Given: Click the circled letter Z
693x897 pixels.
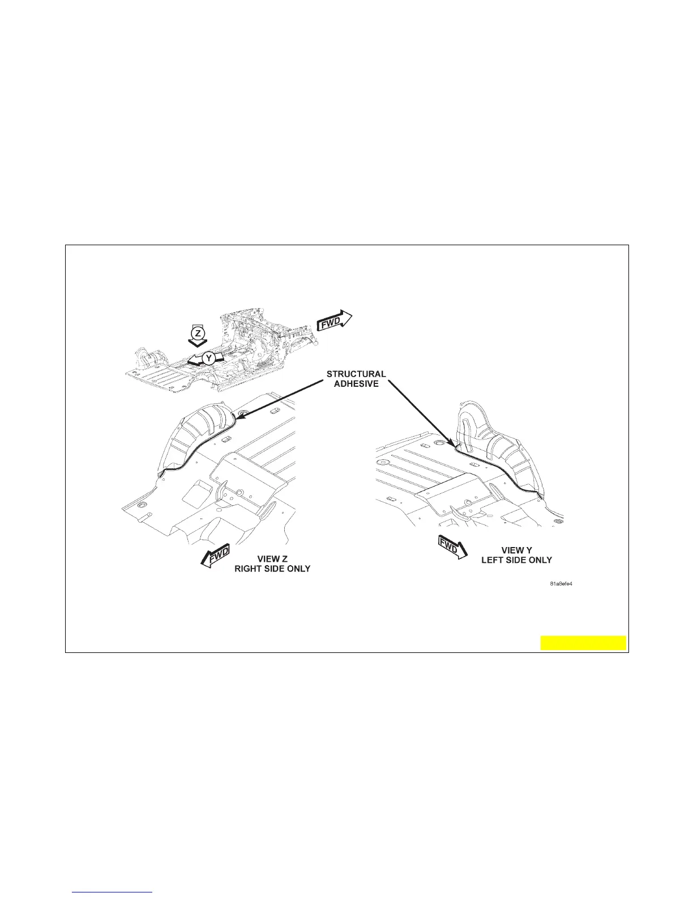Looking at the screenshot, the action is [x=197, y=332].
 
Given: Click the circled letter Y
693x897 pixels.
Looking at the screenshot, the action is [x=208, y=358].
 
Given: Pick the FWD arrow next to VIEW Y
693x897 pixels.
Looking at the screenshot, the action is [x=452, y=548].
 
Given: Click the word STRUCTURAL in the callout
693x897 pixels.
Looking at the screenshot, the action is [x=356, y=374].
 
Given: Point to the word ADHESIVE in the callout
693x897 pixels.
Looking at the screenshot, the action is [x=356, y=383].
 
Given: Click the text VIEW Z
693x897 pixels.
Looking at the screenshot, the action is [x=272, y=559].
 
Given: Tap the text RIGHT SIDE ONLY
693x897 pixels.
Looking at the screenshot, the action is [x=272, y=569].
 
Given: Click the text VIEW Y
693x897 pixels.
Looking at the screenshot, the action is [x=516, y=550].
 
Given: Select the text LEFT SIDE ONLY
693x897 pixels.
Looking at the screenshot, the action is [x=516, y=559].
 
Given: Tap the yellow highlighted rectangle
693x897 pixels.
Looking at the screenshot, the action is [x=583, y=643].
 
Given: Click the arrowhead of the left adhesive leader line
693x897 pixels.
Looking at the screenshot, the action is [x=238, y=418].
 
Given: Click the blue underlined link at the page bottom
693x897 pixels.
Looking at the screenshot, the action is [x=113, y=892].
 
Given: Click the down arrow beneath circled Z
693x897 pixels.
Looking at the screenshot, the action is [x=197, y=342].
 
